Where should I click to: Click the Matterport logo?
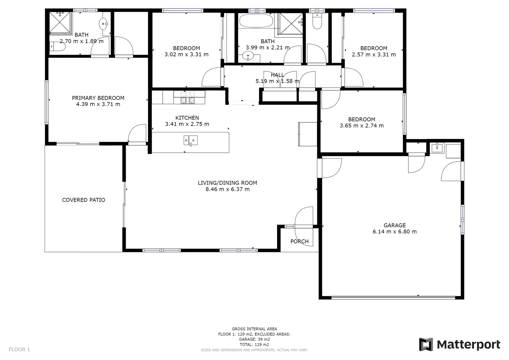pyautogui.click(x=460, y=344)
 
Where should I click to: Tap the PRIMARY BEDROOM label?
pyautogui.click(x=98, y=98)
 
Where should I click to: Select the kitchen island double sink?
pyautogui.click(x=190, y=140)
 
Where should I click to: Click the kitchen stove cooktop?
pyautogui.click(x=188, y=97)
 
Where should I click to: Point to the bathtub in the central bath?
pyautogui.click(x=256, y=21)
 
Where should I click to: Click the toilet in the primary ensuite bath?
pyautogui.click(x=57, y=47)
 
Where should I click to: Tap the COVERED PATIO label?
pyautogui.click(x=84, y=200)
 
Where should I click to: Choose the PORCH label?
pyautogui.click(x=299, y=241)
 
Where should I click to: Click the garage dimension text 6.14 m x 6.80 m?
pyautogui.click(x=394, y=232)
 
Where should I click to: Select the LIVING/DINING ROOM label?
pyautogui.click(x=227, y=183)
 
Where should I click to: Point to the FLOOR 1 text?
pyautogui.click(x=19, y=349)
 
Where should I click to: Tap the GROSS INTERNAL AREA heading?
pyautogui.click(x=254, y=329)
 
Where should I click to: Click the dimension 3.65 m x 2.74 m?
pyautogui.click(x=361, y=126)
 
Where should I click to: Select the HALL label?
pyautogui.click(x=277, y=75)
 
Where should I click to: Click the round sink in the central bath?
pyautogui.click(x=248, y=57)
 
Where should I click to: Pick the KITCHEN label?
pyautogui.click(x=187, y=118)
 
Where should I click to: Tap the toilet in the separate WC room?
pyautogui.click(x=317, y=22)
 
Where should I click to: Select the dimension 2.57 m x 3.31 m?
pyautogui.click(x=374, y=54)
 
